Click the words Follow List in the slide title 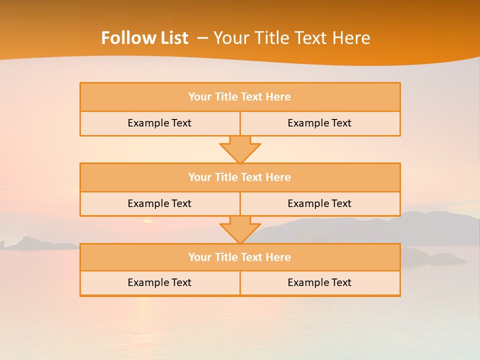(x=144, y=38)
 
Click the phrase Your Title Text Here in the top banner (x=292, y=38)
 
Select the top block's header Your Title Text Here (x=239, y=97)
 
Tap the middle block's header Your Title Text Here (x=239, y=177)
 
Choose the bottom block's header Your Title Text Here (x=239, y=257)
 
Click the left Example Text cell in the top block (x=159, y=123)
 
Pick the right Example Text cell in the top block (x=319, y=123)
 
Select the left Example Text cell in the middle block (x=159, y=203)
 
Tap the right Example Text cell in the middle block (x=319, y=203)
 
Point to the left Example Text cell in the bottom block (x=159, y=282)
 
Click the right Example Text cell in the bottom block (x=319, y=282)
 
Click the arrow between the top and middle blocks (x=240, y=149)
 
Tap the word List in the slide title (x=170, y=38)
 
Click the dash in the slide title (x=202, y=38)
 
